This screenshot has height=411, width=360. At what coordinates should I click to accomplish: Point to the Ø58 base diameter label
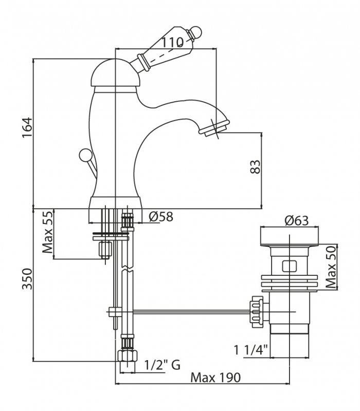(x=160, y=217)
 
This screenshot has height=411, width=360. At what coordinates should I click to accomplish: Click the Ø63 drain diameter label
(x=295, y=221)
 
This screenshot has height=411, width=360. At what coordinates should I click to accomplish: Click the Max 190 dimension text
(x=215, y=378)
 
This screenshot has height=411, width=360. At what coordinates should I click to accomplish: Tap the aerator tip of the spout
(x=214, y=128)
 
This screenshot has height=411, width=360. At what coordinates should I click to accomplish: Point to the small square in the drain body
(x=290, y=267)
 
